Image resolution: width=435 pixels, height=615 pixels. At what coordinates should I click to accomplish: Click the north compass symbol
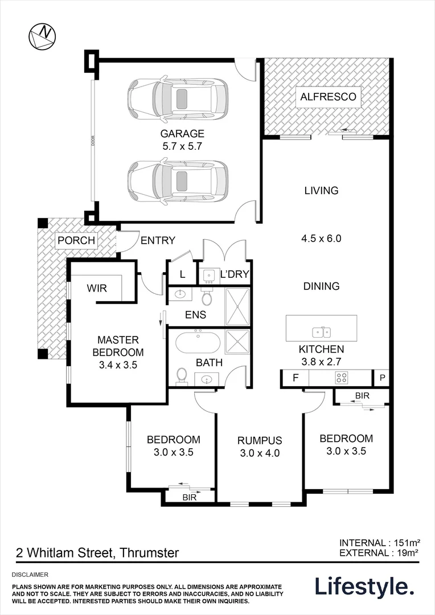coord(42,36)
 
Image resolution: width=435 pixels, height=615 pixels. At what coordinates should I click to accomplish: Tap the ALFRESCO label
coord(329,96)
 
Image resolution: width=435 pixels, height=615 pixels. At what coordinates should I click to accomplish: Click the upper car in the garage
coord(178,99)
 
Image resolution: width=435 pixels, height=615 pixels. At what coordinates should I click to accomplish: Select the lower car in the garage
coord(178,181)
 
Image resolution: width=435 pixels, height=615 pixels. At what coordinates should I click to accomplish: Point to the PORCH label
coord(76,240)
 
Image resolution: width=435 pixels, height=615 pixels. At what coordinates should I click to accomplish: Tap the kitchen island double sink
coord(321,333)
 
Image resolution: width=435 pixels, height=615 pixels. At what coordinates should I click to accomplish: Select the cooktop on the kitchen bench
coord(341,378)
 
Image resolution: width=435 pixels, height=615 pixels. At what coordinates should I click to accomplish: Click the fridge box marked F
coord(296,378)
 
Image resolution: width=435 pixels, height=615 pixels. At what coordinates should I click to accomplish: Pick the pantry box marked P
coord(383,378)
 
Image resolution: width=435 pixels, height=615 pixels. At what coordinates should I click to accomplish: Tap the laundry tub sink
coord(208,276)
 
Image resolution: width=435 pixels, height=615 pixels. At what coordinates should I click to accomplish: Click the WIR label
coord(97,288)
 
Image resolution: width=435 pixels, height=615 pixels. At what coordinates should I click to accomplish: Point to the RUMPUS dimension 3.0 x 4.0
coord(260,453)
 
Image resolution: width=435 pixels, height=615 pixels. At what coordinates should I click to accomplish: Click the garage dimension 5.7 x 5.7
coord(182,146)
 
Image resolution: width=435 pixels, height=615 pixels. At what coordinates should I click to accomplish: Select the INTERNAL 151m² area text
coord(380,543)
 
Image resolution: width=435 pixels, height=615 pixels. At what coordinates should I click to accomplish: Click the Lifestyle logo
coord(365,587)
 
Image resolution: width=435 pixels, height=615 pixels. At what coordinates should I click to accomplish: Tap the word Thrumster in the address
coord(149,552)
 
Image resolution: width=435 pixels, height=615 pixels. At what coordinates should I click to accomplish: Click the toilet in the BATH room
coord(182,376)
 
